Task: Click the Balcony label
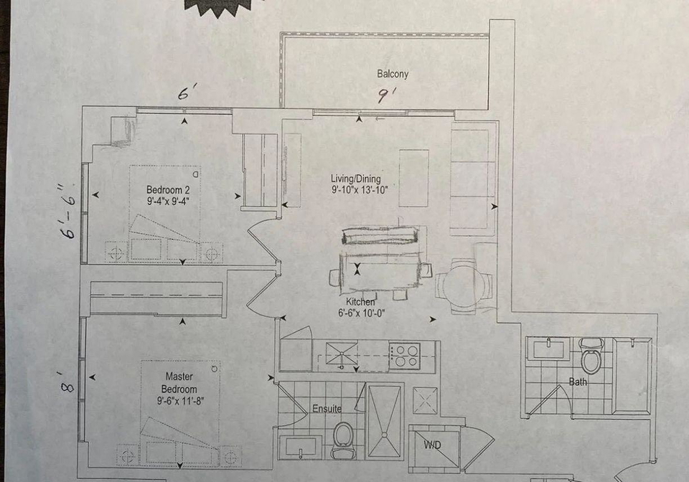click(x=393, y=74)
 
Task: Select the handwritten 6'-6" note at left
click(x=69, y=211)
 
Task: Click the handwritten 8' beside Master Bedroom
click(x=67, y=382)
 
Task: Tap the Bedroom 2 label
click(x=168, y=190)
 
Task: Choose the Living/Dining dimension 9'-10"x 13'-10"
click(x=360, y=190)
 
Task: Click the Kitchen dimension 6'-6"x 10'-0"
click(x=361, y=313)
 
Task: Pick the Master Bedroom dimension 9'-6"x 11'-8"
click(x=180, y=401)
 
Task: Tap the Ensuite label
click(x=327, y=409)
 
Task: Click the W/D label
click(x=432, y=445)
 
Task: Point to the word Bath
click(x=578, y=382)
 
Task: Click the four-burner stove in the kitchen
click(x=405, y=355)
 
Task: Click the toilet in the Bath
click(x=591, y=356)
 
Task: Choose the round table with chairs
click(x=464, y=286)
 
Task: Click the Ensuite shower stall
click(x=385, y=422)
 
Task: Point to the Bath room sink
click(x=548, y=349)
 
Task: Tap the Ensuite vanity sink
click(x=301, y=446)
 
